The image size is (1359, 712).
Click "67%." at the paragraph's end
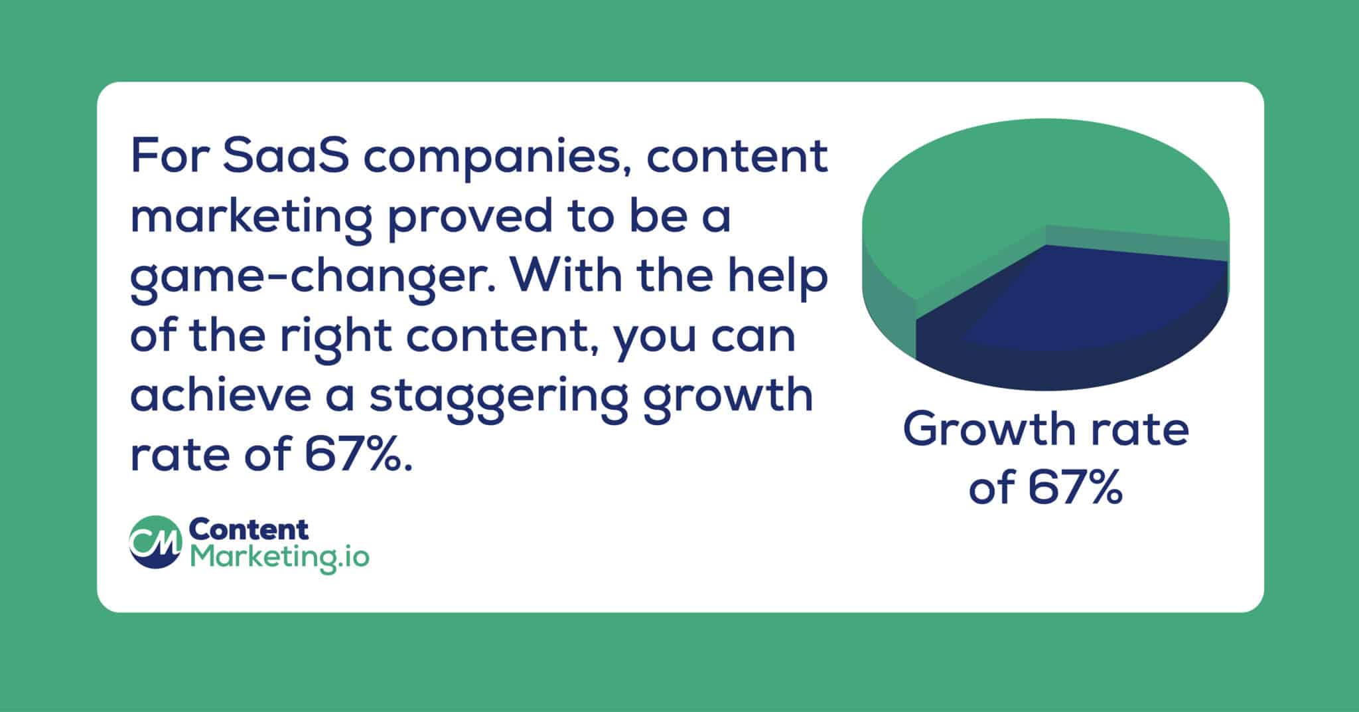(359, 454)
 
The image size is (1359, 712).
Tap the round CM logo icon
(155, 542)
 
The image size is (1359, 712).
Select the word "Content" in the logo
(249, 529)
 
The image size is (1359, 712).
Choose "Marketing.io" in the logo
(279, 557)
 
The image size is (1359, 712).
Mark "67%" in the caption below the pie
(1076, 488)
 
